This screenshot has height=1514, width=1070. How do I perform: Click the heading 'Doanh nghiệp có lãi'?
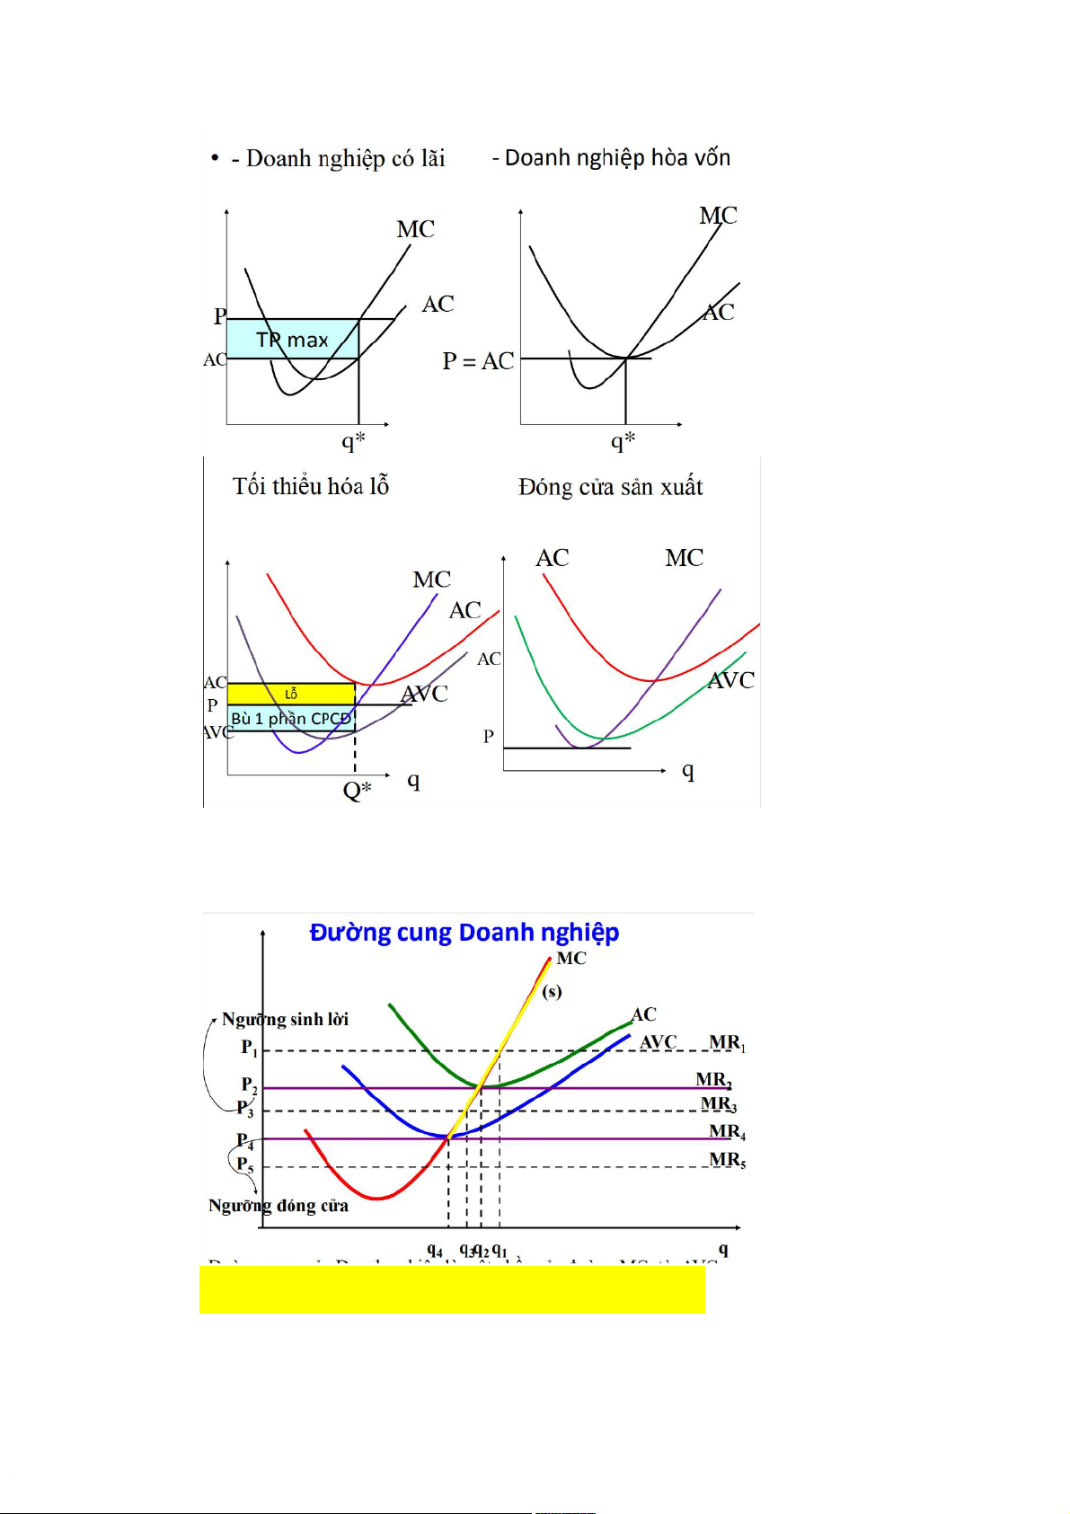click(345, 159)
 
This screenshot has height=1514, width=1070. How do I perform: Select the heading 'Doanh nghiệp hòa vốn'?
click(617, 158)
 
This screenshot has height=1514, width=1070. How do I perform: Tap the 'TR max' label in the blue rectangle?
click(292, 341)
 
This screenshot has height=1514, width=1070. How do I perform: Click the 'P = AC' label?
click(478, 361)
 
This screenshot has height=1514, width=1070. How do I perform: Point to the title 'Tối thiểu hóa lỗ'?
click(311, 487)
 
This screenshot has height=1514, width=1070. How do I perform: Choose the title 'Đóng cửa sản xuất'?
click(610, 487)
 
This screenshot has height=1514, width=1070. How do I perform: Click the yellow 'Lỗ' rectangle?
click(291, 694)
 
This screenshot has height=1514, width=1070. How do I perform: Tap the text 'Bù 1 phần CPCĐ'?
click(290, 719)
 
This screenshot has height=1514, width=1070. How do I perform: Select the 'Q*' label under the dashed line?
click(357, 792)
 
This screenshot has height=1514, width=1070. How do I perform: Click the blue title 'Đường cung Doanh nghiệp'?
click(464, 933)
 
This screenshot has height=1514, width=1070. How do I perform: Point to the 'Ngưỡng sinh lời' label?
click(285, 1020)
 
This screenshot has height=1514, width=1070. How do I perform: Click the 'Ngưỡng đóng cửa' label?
click(279, 1206)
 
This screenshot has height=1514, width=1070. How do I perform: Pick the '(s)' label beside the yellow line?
click(552, 992)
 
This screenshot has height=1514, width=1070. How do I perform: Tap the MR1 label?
click(727, 1043)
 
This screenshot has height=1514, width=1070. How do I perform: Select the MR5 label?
click(727, 1160)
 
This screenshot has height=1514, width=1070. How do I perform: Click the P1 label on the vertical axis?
click(249, 1048)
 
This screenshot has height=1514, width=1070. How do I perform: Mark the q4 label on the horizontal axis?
click(435, 1250)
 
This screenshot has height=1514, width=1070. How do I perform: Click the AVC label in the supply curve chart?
click(659, 1042)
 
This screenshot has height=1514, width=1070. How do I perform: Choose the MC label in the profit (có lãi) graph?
click(416, 230)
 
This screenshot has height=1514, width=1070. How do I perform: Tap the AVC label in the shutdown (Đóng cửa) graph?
click(731, 681)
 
